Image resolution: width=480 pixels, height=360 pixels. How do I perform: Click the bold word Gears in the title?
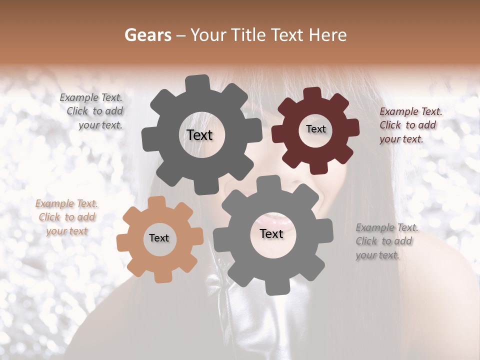click(x=147, y=35)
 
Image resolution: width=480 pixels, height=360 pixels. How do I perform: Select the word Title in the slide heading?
click(x=250, y=35)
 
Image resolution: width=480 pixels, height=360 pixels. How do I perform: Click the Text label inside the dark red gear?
click(x=315, y=129)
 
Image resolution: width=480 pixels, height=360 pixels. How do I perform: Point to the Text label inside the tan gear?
click(x=159, y=238)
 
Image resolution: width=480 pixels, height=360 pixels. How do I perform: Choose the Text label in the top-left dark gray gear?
click(x=199, y=135)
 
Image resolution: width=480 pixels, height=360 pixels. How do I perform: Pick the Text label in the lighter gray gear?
click(x=271, y=234)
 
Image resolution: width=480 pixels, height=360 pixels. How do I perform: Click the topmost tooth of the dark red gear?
click(x=312, y=93)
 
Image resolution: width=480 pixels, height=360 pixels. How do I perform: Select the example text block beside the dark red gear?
click(x=410, y=125)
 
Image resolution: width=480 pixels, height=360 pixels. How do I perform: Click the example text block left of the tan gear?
click(x=66, y=217)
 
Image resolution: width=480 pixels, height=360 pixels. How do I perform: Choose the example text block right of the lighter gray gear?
click(x=386, y=241)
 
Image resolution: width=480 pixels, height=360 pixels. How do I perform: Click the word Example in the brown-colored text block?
click(x=53, y=204)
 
